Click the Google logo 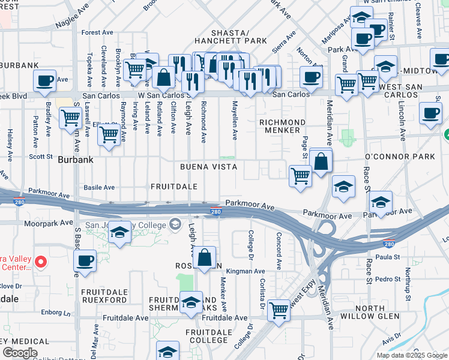[x=19, y=353]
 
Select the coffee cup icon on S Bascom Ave [x=85, y=260]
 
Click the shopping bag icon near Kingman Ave [x=205, y=257]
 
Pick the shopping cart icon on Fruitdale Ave [x=279, y=310]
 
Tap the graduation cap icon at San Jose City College [x=119, y=232]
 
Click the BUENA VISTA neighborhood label [x=209, y=166]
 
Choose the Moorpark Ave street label [x=48, y=223]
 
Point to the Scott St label [x=41, y=156]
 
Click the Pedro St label [x=388, y=280]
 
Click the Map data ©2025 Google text [x=410, y=355]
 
